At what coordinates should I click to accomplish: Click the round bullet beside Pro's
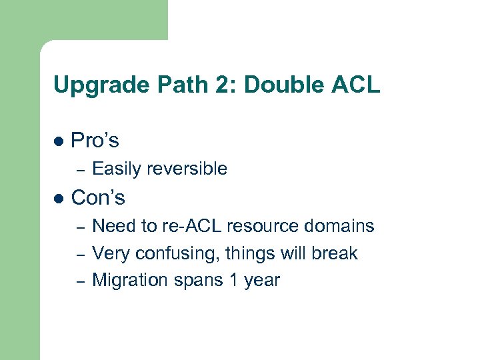(x=59, y=141)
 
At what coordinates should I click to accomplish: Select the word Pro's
(x=95, y=141)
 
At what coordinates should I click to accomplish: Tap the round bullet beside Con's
(x=59, y=199)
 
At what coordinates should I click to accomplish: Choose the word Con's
(x=98, y=198)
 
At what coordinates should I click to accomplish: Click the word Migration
(x=123, y=280)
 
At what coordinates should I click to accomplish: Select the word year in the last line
(x=261, y=281)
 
